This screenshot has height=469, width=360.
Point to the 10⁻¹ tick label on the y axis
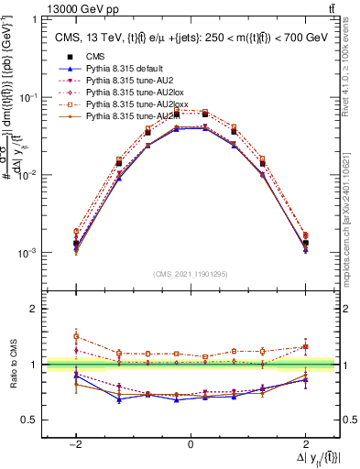coord(30,97)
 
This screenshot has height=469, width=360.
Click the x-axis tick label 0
coord(191,444)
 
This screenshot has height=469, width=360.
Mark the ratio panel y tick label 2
coord(34,309)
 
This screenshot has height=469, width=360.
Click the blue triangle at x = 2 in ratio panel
coord(306,379)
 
